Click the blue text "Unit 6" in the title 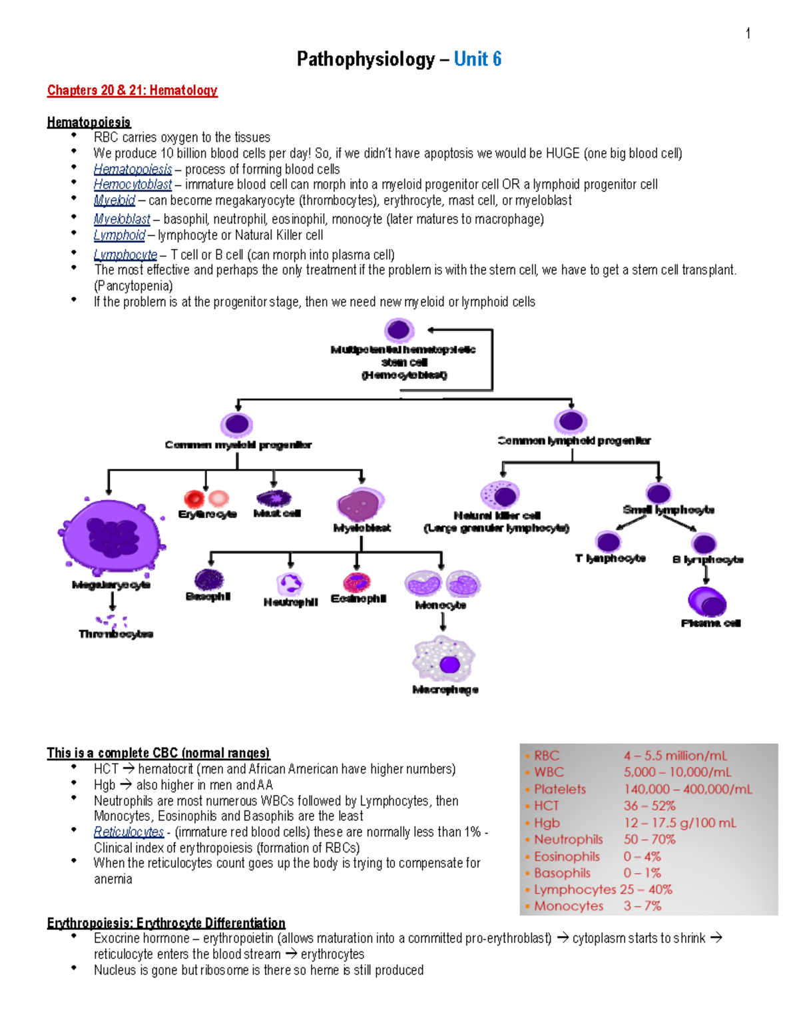click(477, 59)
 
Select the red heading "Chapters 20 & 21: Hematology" click(132, 91)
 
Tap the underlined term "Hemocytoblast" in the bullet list click(133, 184)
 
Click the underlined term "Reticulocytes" click(129, 832)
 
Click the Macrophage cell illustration click(444, 659)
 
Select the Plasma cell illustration click(707, 602)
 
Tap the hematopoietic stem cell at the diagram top click(399, 330)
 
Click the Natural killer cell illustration click(499, 495)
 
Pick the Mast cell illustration click(274, 498)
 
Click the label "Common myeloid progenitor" click(238, 445)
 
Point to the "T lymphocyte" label click(610, 558)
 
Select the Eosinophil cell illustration click(357, 582)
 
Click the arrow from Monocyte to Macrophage click(443, 622)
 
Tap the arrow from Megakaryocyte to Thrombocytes click(113, 601)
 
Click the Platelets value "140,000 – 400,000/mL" click(687, 789)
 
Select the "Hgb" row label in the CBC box click(547, 823)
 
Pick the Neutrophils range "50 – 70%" click(649, 840)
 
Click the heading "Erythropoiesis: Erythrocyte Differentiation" click(166, 923)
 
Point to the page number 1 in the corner click(748, 33)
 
